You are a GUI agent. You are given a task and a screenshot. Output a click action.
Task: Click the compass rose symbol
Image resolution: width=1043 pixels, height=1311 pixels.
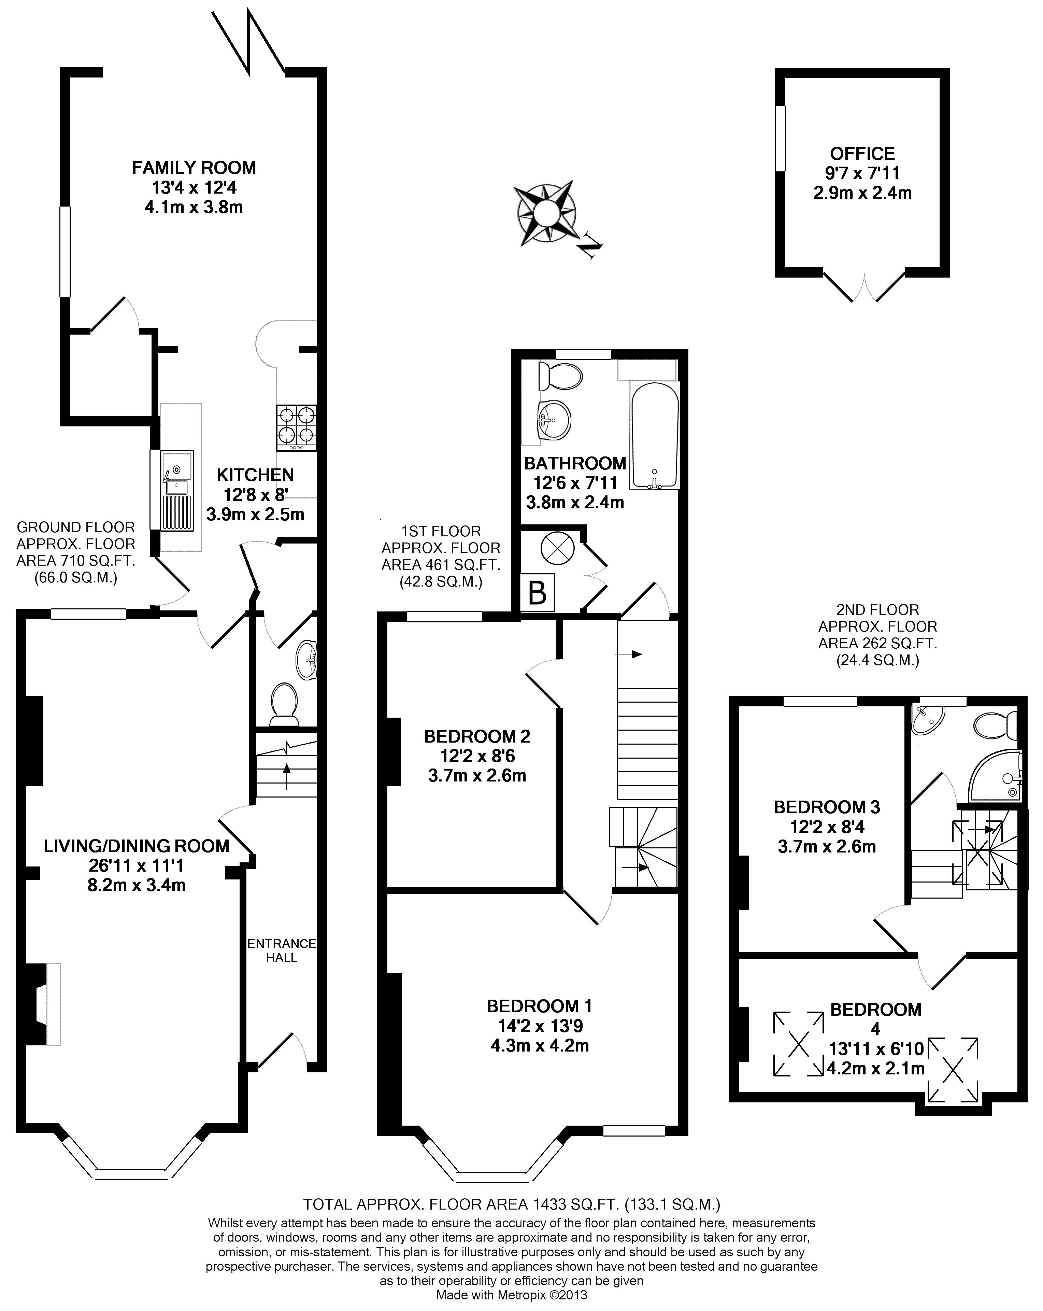(545, 213)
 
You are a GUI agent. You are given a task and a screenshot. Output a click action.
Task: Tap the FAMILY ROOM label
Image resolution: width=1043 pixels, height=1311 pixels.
(194, 167)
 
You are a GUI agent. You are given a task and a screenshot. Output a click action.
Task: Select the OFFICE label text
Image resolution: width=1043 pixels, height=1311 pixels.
(862, 153)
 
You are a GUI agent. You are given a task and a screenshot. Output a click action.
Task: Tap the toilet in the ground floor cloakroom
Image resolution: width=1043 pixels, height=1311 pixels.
(284, 704)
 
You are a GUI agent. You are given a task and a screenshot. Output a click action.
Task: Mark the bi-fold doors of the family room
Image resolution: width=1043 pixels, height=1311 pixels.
(249, 43)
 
